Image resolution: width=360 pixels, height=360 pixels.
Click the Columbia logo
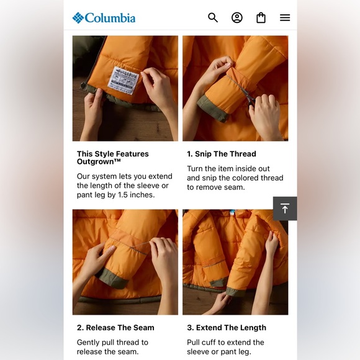click(x=104, y=17)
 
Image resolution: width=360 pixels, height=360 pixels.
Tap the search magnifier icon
click(x=213, y=17)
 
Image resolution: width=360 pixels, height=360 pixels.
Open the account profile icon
click(x=237, y=17)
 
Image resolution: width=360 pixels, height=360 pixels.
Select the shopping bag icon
click(x=261, y=17)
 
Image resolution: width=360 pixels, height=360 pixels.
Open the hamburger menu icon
click(x=285, y=17)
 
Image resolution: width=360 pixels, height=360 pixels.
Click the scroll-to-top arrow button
click(x=285, y=209)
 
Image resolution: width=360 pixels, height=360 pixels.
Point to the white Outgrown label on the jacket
click(x=124, y=80)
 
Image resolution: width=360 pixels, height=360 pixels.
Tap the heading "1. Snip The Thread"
click(x=222, y=154)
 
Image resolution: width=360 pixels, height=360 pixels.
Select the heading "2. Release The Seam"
click(x=115, y=328)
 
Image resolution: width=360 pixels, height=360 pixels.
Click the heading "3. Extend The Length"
click(x=227, y=328)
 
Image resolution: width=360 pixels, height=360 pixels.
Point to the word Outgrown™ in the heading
click(x=99, y=161)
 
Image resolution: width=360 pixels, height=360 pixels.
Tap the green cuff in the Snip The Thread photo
click(x=212, y=107)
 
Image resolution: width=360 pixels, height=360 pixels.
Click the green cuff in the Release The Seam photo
click(x=112, y=277)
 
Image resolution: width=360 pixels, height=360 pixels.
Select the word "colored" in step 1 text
click(x=245, y=178)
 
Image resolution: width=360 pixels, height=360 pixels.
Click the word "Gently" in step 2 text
click(x=88, y=343)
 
